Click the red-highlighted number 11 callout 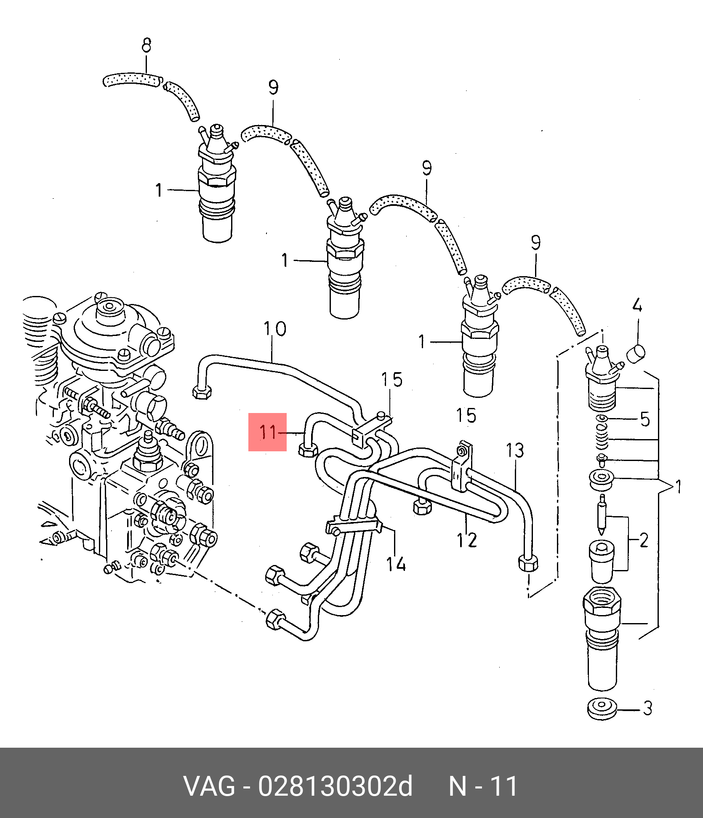click(x=268, y=432)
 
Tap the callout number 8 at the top click(x=146, y=45)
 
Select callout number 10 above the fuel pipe click(x=275, y=329)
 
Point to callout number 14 click(x=396, y=564)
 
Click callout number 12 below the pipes click(x=467, y=540)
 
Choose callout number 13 click(x=515, y=450)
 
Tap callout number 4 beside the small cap click(x=637, y=305)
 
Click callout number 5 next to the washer click(x=645, y=419)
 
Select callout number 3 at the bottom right click(x=647, y=708)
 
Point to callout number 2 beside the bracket click(x=644, y=541)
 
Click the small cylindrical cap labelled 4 click(x=636, y=353)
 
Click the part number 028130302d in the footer click(x=335, y=786)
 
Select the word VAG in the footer click(x=209, y=786)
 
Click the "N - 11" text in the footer click(x=483, y=786)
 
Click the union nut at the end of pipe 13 click(x=528, y=563)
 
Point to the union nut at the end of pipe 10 click(x=202, y=392)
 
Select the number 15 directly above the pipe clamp click(x=392, y=380)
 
